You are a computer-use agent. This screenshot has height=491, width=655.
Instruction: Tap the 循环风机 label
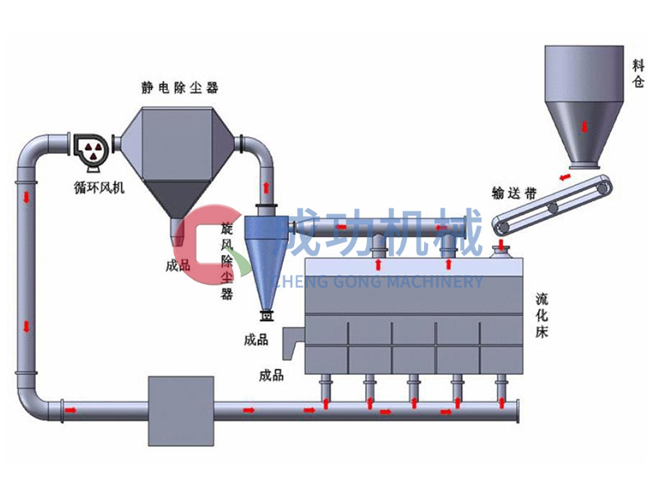click(100, 188)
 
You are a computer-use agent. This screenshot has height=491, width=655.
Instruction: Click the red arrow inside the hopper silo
click(584, 125)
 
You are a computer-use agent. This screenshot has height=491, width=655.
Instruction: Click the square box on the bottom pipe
click(180, 408)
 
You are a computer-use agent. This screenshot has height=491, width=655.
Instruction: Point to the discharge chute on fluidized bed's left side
click(292, 344)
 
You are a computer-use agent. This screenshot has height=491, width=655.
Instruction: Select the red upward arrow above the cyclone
click(266, 191)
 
